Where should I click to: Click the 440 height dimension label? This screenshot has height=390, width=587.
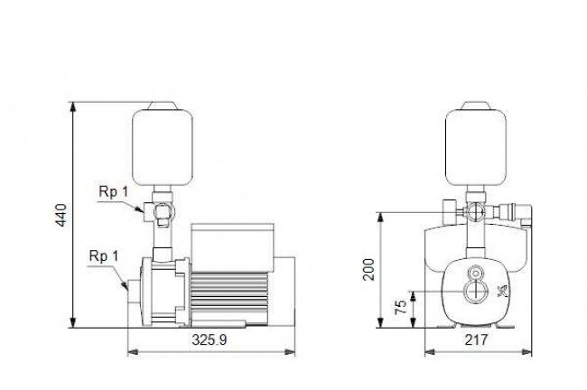(61, 215)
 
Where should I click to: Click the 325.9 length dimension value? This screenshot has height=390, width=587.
(210, 339)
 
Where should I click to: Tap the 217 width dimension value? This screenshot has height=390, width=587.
(476, 339)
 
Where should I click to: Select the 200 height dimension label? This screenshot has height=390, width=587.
(368, 269)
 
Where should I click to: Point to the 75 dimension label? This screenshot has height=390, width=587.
(401, 307)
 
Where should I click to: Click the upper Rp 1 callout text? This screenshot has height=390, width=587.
(114, 192)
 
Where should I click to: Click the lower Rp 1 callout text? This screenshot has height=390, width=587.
(104, 256)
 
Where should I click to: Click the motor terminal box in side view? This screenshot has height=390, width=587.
(232, 247)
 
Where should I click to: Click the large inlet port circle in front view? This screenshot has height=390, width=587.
(476, 291)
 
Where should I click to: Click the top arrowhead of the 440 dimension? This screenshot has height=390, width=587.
(73, 107)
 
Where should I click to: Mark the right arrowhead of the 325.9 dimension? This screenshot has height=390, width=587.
(290, 352)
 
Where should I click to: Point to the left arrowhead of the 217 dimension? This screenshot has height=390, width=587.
(430, 352)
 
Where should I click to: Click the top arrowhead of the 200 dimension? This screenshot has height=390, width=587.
(380, 218)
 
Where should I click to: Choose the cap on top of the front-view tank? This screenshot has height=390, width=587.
(476, 106)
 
